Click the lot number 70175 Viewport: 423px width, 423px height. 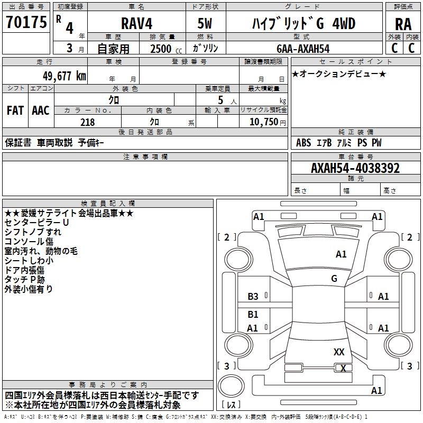(x=26, y=23)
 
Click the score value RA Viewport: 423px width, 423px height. (x=403, y=24)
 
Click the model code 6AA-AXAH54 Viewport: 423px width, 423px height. (x=302, y=49)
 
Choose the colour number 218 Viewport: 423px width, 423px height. (x=87, y=122)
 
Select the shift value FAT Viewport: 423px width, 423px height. (x=15, y=111)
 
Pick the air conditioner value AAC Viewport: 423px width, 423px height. (x=40, y=111)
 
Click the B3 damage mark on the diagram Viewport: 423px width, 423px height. (x=253, y=297)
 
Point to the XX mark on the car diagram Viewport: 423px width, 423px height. (x=339, y=352)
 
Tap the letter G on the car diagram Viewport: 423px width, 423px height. (x=334, y=278)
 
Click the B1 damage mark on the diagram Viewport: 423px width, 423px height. (x=253, y=315)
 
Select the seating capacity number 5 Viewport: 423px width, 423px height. (x=219, y=100)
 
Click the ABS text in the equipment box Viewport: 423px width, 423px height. (x=304, y=143)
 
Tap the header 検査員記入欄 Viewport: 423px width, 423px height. (x=108, y=203)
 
